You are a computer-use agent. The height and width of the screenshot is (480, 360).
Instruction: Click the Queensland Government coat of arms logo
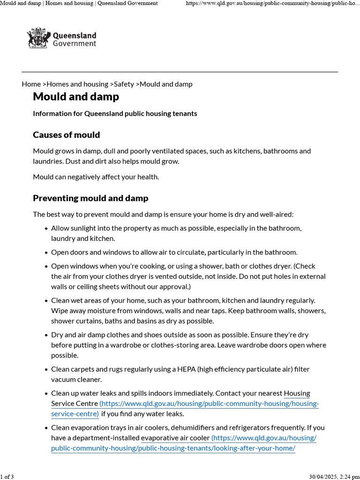[x=38, y=38]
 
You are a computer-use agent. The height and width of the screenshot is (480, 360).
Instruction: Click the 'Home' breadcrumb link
[x=31, y=84]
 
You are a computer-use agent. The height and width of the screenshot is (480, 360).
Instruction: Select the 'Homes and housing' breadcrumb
[x=77, y=84]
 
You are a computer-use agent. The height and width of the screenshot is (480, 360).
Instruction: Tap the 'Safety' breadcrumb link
[x=124, y=84]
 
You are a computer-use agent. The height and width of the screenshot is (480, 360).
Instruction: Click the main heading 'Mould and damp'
[x=76, y=97]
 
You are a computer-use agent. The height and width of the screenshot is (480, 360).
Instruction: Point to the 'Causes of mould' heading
[x=66, y=135]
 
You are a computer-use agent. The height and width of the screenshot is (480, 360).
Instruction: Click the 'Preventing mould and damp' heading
[x=90, y=198]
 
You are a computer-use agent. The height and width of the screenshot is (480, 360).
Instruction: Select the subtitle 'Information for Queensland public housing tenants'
[x=115, y=113]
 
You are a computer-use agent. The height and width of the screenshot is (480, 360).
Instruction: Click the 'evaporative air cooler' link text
[x=175, y=438]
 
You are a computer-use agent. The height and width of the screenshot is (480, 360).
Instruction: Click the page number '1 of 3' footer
[x=7, y=477]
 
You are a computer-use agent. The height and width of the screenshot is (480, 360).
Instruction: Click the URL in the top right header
[x=272, y=3]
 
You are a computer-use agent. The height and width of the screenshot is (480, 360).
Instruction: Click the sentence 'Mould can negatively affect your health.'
[x=96, y=177]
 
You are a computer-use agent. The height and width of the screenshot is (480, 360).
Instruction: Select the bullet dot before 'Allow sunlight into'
[x=46, y=229]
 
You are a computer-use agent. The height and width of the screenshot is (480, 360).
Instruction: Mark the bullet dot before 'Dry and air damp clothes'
[x=46, y=335]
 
